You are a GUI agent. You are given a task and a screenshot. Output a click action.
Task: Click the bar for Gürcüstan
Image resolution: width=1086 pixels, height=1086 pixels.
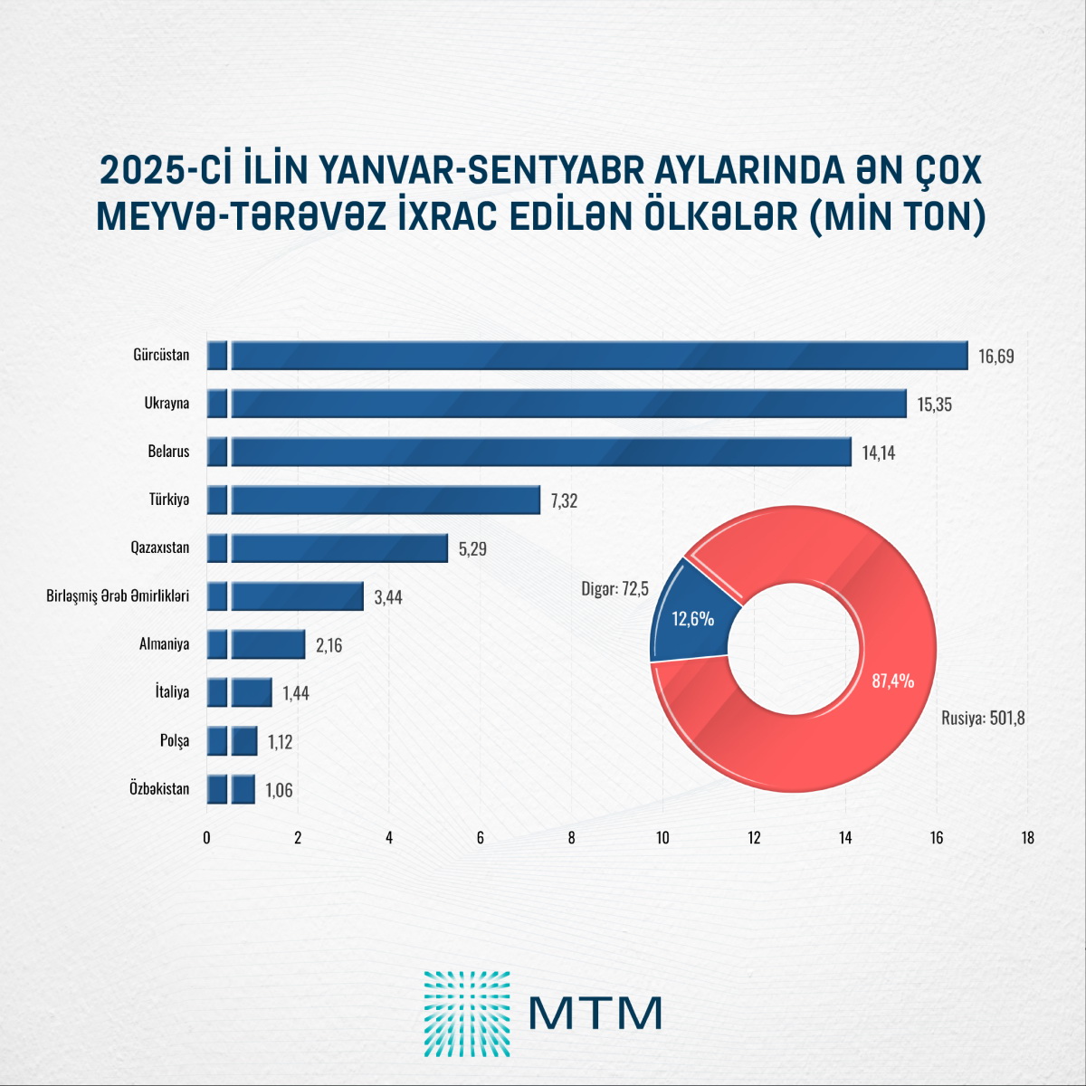tap(587, 356)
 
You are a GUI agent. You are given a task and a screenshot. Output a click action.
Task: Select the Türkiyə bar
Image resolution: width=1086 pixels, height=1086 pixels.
tap(374, 500)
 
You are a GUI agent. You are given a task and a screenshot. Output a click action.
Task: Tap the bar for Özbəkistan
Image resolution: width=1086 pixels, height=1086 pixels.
tap(231, 789)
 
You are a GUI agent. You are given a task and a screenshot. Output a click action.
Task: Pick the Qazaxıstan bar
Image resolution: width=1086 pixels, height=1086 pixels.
tap(328, 548)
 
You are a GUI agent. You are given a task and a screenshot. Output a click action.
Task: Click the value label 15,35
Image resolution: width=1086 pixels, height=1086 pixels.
tap(934, 405)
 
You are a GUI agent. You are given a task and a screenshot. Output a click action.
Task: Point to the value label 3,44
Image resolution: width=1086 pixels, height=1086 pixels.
tap(388, 597)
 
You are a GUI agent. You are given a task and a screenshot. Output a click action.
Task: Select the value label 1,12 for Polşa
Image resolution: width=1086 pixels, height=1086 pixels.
tap(280, 742)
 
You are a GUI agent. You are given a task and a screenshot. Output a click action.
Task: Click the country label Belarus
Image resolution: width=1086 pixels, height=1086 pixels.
tap(168, 452)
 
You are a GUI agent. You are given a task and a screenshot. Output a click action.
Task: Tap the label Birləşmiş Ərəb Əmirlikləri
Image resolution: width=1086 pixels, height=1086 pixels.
tap(118, 595)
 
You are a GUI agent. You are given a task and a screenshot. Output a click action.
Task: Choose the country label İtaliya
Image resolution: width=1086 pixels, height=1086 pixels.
tap(173, 691)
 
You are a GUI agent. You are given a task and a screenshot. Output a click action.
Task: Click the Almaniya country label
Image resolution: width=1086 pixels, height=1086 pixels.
tap(165, 643)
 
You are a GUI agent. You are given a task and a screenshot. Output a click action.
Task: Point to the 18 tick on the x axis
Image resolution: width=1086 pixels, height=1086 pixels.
tap(1028, 838)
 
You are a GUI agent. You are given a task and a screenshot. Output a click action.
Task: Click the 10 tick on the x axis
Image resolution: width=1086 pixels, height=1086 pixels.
tap(662, 838)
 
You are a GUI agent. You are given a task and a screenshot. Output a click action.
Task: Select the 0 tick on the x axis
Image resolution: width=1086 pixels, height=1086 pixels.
tap(207, 838)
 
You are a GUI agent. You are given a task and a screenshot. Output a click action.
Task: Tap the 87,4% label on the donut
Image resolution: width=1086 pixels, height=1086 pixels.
tap(892, 681)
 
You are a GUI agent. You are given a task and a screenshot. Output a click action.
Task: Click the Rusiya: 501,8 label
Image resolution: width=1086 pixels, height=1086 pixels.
tap(983, 719)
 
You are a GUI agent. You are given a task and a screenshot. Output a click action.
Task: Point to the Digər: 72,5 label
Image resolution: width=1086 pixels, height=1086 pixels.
tap(614, 589)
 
